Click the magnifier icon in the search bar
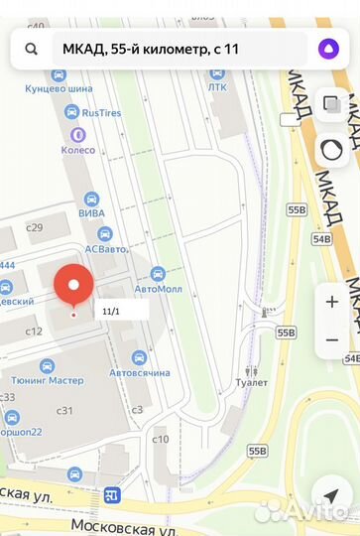[x=32, y=48]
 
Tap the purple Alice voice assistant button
[x=326, y=48]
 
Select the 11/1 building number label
[x=112, y=311]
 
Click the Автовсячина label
[x=140, y=372]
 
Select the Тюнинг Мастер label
[x=48, y=379]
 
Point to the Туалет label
[x=253, y=382]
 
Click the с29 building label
[x=35, y=227]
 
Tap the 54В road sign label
[x=321, y=238]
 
